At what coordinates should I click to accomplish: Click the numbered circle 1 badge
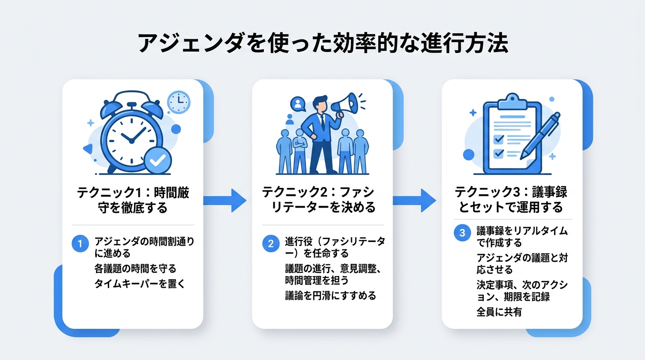pyautogui.click(x=80, y=244)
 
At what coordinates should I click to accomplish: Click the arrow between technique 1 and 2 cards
pyautogui.click(x=225, y=201)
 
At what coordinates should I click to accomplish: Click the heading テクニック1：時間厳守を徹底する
pyautogui.click(x=133, y=200)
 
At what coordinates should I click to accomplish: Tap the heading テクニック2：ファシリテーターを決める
pyautogui.click(x=322, y=200)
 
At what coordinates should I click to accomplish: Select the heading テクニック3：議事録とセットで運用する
pyautogui.click(x=512, y=200)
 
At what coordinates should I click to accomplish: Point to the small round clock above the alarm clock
pyautogui.click(x=179, y=102)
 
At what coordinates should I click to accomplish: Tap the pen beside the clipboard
pyautogui.click(x=540, y=136)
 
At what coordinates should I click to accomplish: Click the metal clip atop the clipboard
pyautogui.click(x=512, y=100)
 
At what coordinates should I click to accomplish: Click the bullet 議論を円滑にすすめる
pyautogui.click(x=330, y=296)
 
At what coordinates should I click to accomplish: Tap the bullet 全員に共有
pyautogui.click(x=499, y=312)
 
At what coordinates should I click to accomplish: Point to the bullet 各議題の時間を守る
pyautogui.click(x=135, y=269)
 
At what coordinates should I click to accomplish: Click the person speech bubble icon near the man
pyautogui.click(x=298, y=104)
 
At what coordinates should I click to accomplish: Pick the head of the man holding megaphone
pyautogui.click(x=321, y=104)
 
